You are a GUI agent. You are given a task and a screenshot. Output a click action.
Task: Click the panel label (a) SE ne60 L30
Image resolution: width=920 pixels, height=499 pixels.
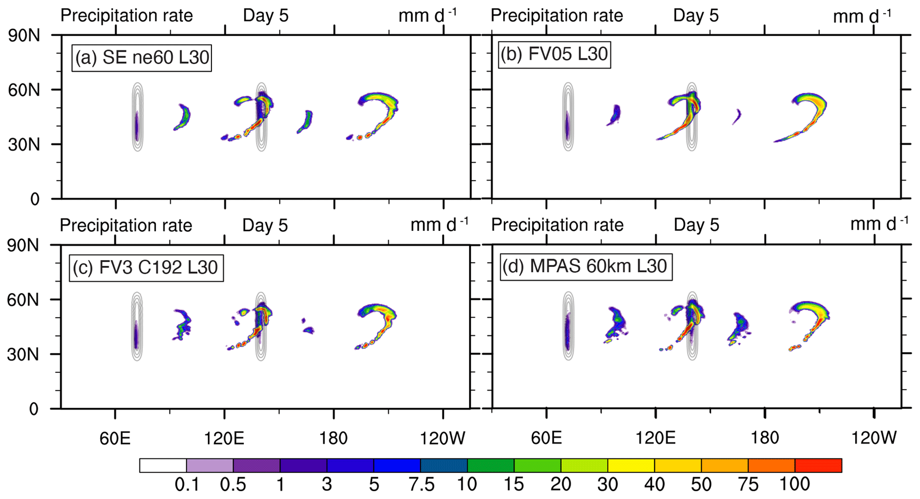coord(142,57)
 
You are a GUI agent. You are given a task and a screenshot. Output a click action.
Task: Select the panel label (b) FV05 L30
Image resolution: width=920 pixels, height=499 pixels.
coord(554,54)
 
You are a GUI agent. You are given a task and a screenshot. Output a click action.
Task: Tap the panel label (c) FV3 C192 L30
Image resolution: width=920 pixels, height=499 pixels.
coord(146,267)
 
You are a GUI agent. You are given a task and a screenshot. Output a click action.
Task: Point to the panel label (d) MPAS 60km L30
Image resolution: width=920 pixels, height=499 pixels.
coord(585,266)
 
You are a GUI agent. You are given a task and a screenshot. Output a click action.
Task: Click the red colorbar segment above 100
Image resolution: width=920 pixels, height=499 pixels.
coord(818,465)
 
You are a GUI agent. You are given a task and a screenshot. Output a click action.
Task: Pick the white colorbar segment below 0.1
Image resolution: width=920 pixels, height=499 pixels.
coord(163,465)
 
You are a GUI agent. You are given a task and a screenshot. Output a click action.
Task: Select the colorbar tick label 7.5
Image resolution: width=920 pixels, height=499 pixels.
coord(421,484)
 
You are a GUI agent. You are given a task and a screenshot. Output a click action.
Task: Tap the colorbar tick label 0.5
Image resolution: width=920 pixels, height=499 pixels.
coord(233,484)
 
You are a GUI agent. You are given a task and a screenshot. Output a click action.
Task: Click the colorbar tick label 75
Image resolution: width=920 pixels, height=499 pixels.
coord(748,484)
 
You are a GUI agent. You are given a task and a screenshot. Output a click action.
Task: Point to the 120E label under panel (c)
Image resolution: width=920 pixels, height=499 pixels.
coord(224,438)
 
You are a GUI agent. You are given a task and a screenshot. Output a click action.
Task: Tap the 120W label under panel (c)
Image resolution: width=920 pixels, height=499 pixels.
coord(442,438)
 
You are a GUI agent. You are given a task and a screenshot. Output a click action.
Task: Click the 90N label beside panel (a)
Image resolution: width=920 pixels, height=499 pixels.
coord(24,36)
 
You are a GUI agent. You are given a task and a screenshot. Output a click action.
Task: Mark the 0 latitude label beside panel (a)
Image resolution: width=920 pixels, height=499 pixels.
coord(35,199)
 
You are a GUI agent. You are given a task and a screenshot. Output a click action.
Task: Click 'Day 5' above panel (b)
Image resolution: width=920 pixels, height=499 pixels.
coord(696,16)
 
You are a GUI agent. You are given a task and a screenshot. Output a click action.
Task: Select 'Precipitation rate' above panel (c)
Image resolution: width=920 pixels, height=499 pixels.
coord(126,225)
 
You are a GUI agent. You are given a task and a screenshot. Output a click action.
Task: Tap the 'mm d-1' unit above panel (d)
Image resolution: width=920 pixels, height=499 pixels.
coord(879,224)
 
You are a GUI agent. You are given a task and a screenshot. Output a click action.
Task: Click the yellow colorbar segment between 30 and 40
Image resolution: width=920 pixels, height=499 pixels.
coord(631,465)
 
